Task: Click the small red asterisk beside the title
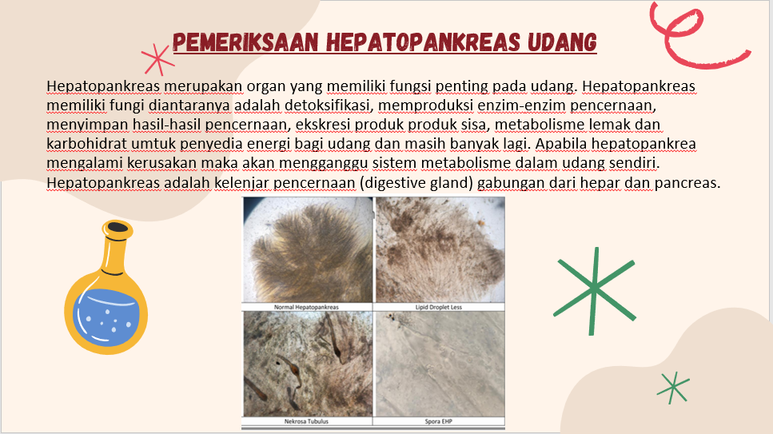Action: point(157,59)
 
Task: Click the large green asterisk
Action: point(595,290)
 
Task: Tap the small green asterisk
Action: point(673,387)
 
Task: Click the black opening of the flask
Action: point(118,227)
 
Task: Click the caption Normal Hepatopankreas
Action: point(306,307)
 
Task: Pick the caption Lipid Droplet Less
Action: point(438,307)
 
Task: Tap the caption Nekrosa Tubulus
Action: point(306,421)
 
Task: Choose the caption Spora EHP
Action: point(438,421)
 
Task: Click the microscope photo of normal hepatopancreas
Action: point(308,249)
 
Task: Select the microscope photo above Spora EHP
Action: point(440,364)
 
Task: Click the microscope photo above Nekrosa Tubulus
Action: point(308,364)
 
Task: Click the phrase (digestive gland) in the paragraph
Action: point(416,182)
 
